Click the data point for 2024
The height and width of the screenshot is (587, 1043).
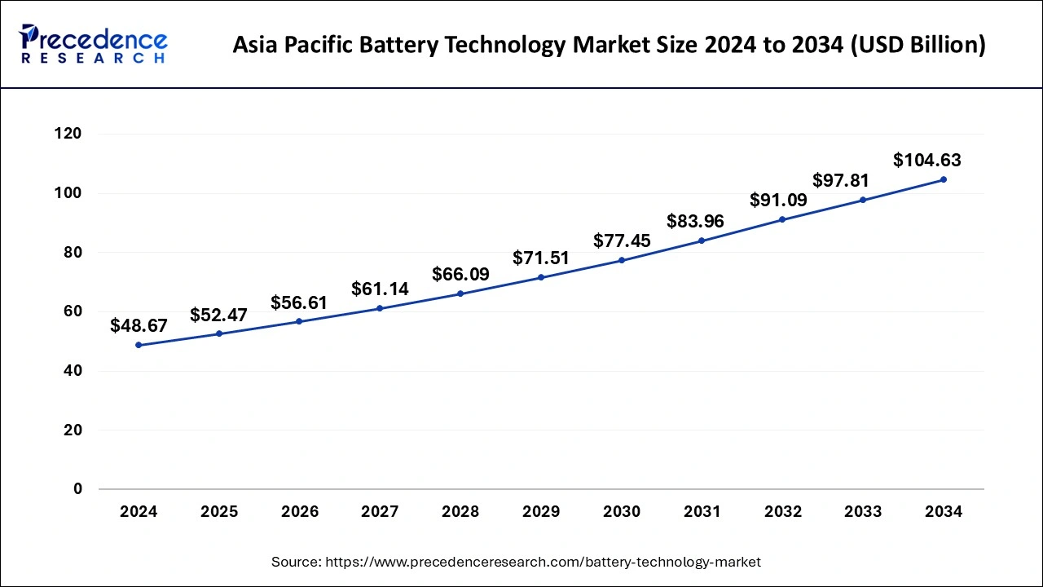tap(139, 345)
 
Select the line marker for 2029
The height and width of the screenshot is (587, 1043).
tap(541, 277)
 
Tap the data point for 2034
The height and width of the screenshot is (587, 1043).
tap(944, 179)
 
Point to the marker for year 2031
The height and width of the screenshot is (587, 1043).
tap(702, 241)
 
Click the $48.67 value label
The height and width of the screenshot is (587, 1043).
tap(139, 326)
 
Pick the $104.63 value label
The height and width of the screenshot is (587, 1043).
tap(927, 161)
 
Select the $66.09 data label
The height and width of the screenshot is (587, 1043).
tap(460, 275)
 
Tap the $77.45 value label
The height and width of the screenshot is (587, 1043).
tap(622, 241)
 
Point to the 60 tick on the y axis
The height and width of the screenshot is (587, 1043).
tap(72, 311)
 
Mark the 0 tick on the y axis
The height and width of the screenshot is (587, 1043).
tap(77, 489)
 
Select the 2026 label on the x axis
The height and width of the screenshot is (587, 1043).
tap(299, 512)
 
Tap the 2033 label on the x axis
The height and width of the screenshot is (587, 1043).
tap(863, 512)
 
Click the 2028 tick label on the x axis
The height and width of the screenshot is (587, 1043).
tap(460, 512)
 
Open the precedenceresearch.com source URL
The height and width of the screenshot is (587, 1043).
tap(543, 562)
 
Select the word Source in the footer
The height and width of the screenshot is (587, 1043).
tap(296, 562)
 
